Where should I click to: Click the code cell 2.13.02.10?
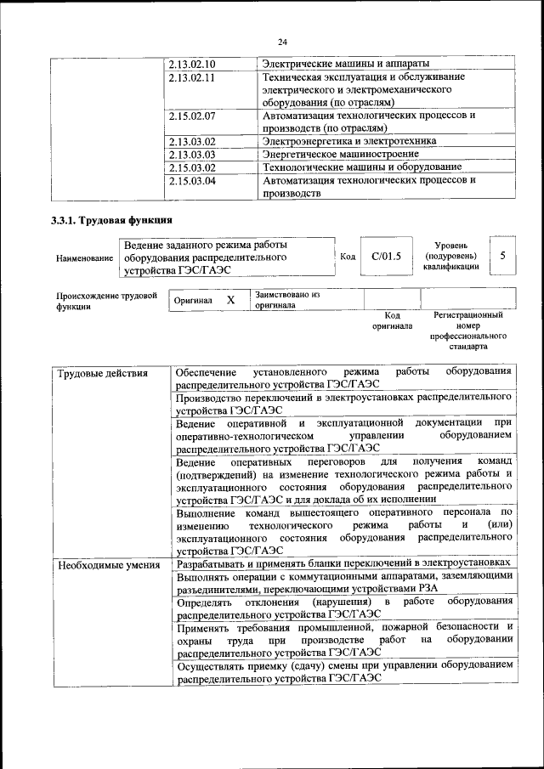(192, 64)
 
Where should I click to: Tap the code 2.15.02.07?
(192, 115)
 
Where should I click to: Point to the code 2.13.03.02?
(192, 141)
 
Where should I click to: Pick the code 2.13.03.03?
(192, 155)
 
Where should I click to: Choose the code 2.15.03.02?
(192, 167)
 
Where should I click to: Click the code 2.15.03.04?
(192, 180)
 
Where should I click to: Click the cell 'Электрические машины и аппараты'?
(345, 64)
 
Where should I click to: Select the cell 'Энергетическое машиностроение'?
(340, 155)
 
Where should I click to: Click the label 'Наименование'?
(83, 257)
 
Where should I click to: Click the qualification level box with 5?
(502, 256)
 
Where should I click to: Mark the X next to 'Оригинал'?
(230, 300)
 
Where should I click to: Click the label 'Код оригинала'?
(392, 320)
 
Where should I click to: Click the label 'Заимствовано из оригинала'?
(287, 299)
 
